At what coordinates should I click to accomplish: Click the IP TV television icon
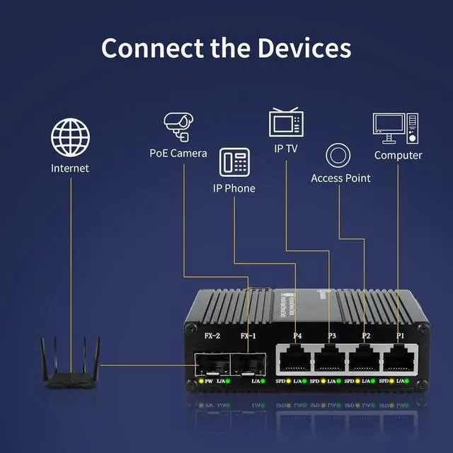286,122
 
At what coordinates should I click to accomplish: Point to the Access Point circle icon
338,156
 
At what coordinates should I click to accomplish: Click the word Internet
70,168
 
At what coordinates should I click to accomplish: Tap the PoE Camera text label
178,153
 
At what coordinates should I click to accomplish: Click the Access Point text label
340,178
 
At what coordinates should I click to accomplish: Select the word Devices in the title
304,48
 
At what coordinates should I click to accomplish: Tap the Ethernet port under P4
292,360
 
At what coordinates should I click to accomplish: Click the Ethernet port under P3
328,360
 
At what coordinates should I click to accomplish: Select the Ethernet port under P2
364,360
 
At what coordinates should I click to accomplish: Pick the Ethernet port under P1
399,360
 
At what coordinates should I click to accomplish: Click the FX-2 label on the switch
212,336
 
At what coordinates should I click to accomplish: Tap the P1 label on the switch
401,336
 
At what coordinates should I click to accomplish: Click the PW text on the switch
209,382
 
